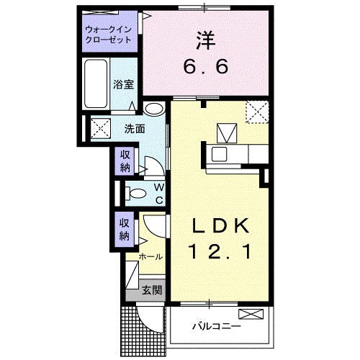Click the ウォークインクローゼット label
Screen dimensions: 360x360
109,35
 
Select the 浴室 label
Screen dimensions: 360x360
123,84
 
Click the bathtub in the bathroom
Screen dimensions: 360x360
96,84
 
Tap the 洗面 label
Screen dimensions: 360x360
135,130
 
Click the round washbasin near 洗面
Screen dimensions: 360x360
153,110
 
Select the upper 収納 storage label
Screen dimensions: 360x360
125,161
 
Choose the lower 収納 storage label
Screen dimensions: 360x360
125,230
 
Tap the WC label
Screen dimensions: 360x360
158,193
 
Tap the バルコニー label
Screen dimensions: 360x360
216,326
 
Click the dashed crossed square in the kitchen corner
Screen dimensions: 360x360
257,113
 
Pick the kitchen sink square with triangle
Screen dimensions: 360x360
228,133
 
